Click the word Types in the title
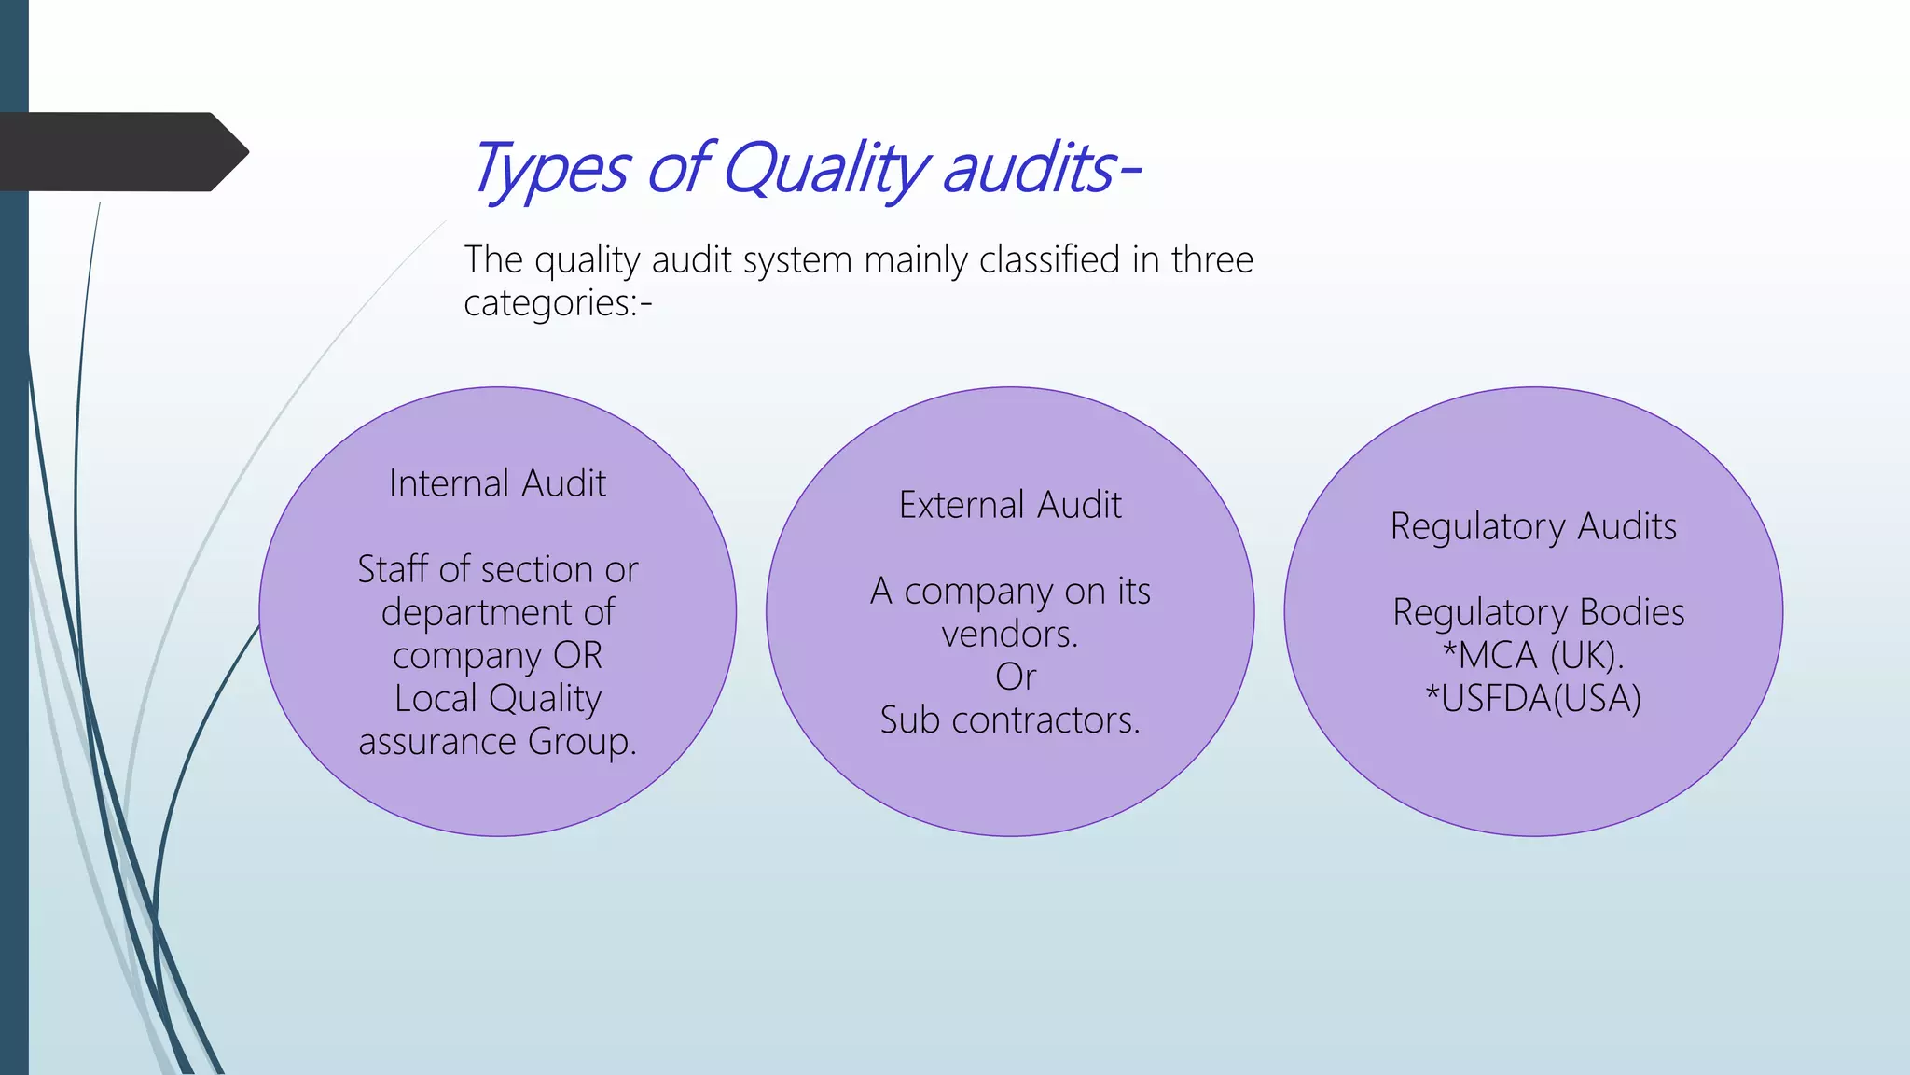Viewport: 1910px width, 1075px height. (x=550, y=170)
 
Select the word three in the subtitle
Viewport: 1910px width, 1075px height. (x=1212, y=259)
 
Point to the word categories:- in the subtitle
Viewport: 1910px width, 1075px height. (x=558, y=303)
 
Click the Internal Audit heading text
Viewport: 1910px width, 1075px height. (x=497, y=483)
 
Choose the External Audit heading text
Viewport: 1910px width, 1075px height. (x=1010, y=505)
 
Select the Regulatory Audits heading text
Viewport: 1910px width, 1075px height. (x=1533, y=526)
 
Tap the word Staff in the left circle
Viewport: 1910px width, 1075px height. (x=392, y=569)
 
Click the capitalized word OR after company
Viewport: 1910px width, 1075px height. (x=578, y=655)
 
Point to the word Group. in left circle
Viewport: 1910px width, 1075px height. (x=582, y=742)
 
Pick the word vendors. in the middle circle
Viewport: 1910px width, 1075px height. (x=1009, y=635)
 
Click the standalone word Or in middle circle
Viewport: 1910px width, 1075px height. (x=1015, y=677)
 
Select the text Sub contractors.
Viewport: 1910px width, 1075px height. (x=1010, y=720)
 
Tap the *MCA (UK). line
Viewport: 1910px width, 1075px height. (x=1533, y=655)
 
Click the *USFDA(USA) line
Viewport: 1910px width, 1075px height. (x=1533, y=698)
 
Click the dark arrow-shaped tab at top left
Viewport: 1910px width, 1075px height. (x=121, y=152)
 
